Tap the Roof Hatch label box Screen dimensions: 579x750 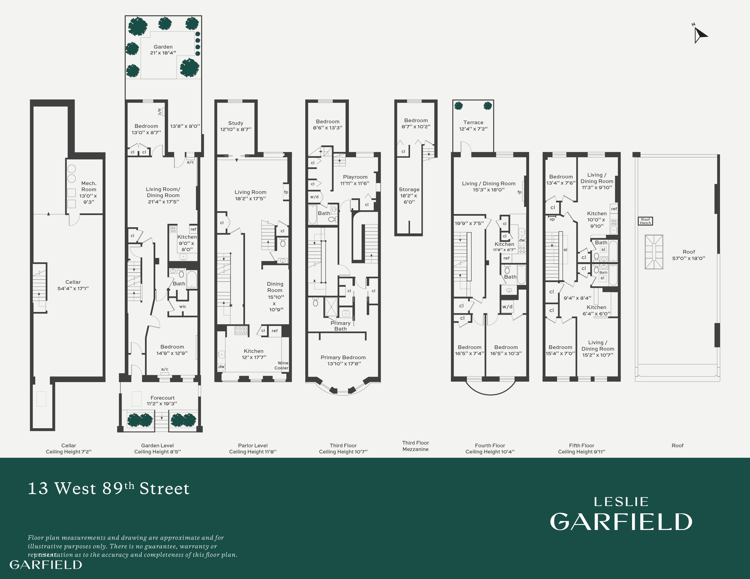click(x=645, y=221)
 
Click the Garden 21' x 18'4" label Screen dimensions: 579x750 click(x=163, y=50)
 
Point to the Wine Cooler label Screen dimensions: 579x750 click(x=282, y=365)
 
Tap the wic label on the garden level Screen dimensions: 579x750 click(x=183, y=306)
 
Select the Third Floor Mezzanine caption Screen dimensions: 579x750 click(x=415, y=446)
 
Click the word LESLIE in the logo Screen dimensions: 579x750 click(x=621, y=502)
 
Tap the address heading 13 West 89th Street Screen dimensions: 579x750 click(x=108, y=488)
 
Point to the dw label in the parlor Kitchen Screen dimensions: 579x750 click(x=222, y=367)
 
